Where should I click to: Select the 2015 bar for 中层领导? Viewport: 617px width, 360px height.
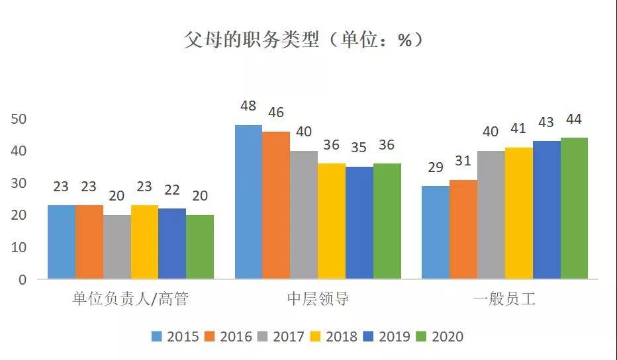[x=249, y=201]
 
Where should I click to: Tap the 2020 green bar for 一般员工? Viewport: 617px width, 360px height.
[x=574, y=208]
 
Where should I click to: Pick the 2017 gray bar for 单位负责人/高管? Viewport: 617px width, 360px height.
[x=117, y=246]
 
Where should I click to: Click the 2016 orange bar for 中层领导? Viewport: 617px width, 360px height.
[x=276, y=204]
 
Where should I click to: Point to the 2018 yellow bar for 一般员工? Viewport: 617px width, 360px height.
[x=518, y=212]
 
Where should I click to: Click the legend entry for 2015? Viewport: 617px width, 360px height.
[x=175, y=336]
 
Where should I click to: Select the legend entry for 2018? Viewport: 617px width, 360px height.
[x=334, y=336]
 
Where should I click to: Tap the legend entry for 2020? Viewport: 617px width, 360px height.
[x=440, y=336]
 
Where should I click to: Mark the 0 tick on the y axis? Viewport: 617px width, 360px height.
[x=22, y=279]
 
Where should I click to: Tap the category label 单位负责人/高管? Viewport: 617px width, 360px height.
[x=130, y=300]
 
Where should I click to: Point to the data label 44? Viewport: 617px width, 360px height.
[x=574, y=120]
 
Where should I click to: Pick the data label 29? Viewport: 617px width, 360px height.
[x=436, y=167]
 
